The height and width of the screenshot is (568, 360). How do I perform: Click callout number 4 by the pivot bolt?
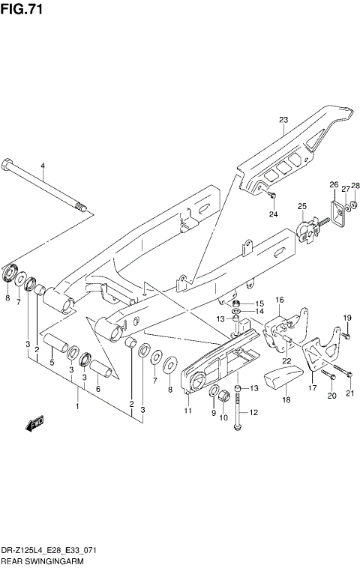(43, 166)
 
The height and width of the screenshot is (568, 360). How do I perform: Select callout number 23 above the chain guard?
(283, 120)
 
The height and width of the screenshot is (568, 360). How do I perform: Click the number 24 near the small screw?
(274, 215)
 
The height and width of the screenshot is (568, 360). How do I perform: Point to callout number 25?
(302, 207)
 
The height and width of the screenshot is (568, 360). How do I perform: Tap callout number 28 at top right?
(355, 185)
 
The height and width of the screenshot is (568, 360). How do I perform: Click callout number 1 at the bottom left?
(76, 406)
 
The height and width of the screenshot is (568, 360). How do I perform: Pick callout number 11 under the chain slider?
(188, 411)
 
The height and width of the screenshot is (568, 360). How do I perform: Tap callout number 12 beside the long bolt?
(253, 412)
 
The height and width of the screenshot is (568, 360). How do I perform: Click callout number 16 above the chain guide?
(279, 300)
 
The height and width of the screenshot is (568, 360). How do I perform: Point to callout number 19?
(347, 318)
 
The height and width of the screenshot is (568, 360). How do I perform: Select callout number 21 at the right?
(349, 393)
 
